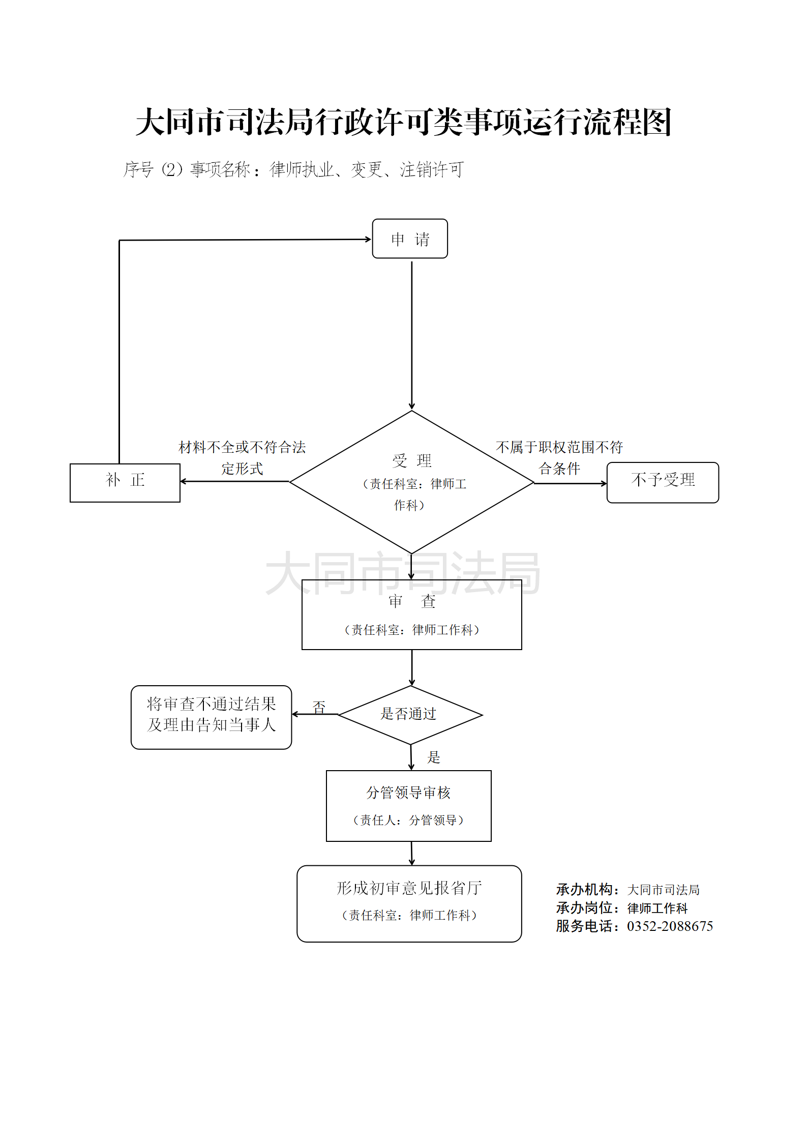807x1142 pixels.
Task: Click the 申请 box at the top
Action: point(410,239)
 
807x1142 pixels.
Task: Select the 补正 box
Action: point(125,482)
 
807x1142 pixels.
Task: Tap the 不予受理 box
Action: point(663,482)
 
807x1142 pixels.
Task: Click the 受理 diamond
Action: point(411,482)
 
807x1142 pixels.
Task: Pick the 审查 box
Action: point(411,614)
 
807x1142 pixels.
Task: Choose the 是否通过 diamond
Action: point(410,714)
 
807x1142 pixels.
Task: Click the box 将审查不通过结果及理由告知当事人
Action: point(211,717)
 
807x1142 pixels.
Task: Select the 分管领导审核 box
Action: point(408,805)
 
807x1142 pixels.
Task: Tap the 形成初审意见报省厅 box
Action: point(409,903)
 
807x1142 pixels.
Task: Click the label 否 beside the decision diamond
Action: point(319,707)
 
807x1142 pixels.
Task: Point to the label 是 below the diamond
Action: point(433,757)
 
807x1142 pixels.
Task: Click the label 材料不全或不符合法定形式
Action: point(242,457)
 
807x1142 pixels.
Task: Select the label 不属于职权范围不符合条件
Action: point(559,457)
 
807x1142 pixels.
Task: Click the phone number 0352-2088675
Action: point(670,926)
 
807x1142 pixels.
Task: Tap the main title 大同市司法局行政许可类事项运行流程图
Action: point(404,122)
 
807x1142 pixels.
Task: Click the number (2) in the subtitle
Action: point(172,169)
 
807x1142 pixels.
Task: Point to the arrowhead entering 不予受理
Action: point(604,483)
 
